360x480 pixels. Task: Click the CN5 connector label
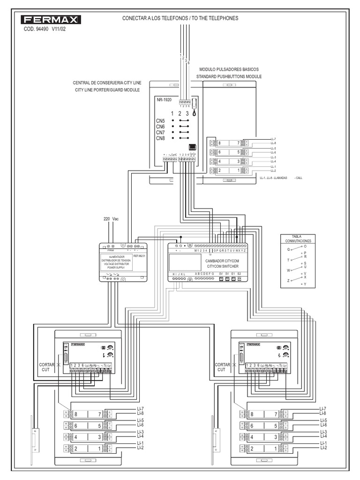(x=160, y=121)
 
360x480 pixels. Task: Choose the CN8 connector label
(x=160, y=138)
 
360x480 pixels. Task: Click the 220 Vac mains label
(x=111, y=219)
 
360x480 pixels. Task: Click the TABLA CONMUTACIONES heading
(x=298, y=238)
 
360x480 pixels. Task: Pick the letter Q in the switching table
(x=288, y=249)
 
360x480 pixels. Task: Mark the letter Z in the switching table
(x=288, y=281)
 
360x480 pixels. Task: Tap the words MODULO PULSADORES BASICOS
(x=229, y=69)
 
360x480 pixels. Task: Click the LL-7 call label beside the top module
(x=274, y=139)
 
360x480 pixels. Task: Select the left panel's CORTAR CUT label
(x=48, y=367)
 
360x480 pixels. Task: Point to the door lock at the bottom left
(x=35, y=441)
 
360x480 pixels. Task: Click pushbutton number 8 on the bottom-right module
(x=252, y=414)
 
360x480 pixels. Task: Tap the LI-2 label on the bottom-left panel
(x=140, y=448)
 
